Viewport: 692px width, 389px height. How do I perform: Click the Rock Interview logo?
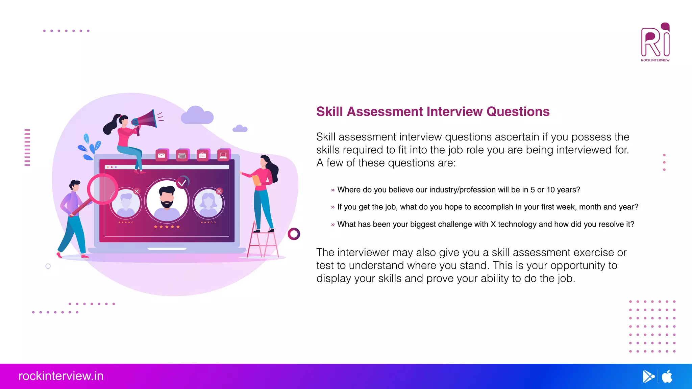[655, 42]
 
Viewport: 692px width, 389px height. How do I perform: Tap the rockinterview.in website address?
[61, 376]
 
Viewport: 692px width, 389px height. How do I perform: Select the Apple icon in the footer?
[667, 376]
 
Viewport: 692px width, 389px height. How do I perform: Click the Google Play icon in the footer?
[648, 376]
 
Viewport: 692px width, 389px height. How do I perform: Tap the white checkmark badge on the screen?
[182, 183]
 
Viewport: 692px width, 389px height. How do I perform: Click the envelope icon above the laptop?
[162, 155]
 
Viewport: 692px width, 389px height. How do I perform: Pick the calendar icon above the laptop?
[182, 155]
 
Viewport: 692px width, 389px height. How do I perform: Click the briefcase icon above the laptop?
[203, 155]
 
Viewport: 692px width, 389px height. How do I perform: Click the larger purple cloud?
[197, 115]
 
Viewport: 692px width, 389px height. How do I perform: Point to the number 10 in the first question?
[551, 190]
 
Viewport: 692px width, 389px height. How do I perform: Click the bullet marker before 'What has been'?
[333, 225]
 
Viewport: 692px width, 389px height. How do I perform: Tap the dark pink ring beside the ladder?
[294, 234]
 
